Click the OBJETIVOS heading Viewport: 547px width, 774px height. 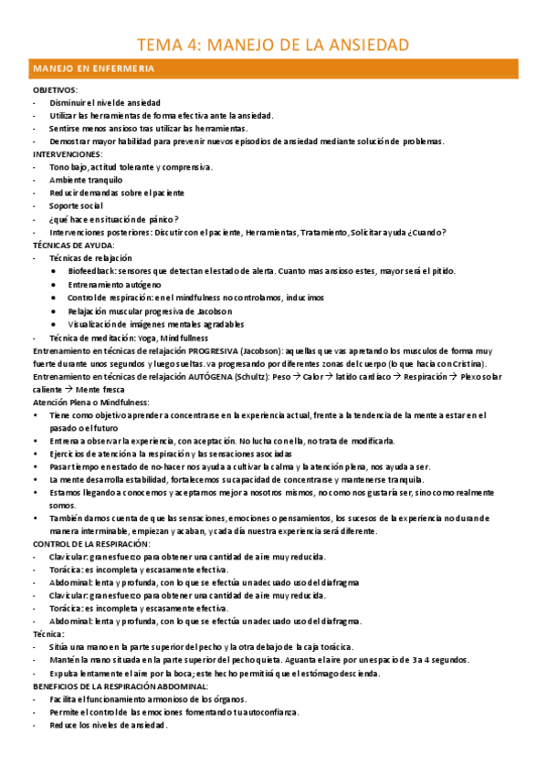tap(55, 90)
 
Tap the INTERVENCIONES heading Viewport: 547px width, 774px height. tap(66, 154)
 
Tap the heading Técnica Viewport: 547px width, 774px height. tap(48, 633)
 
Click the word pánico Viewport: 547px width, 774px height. tap(158, 219)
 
